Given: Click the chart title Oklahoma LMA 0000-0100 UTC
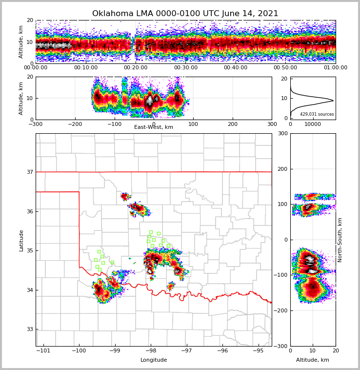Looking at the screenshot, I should tap(185, 14).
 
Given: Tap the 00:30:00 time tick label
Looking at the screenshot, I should tap(185, 68).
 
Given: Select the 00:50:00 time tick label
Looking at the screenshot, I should tap(285, 68).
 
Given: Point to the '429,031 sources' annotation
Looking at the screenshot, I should tap(317, 114).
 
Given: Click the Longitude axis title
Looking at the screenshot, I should tap(154, 360).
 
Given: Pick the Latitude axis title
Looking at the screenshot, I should tap(21, 240).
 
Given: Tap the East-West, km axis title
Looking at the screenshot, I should tap(154, 127).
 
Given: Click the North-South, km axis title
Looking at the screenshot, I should tap(340, 240).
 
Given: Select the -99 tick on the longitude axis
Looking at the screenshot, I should tap(115, 350).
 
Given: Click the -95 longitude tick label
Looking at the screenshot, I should tap(258, 350).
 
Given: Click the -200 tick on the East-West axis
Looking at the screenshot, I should tap(75, 124).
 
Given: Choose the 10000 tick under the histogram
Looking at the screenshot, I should tap(313, 124).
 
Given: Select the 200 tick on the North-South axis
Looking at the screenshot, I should tap(281, 169).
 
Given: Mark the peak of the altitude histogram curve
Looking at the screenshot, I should tap(333, 101).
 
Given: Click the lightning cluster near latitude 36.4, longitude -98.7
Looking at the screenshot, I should tap(125, 197).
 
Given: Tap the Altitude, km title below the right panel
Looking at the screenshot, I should tap(313, 360).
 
